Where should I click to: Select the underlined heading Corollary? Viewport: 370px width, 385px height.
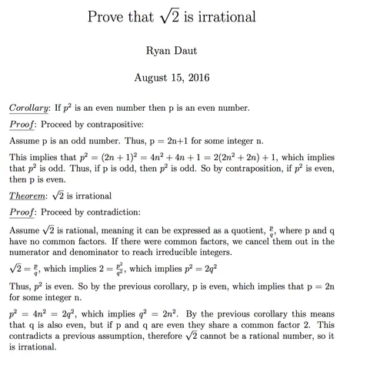[30, 108]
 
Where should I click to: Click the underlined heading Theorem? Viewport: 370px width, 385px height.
[30, 196]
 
